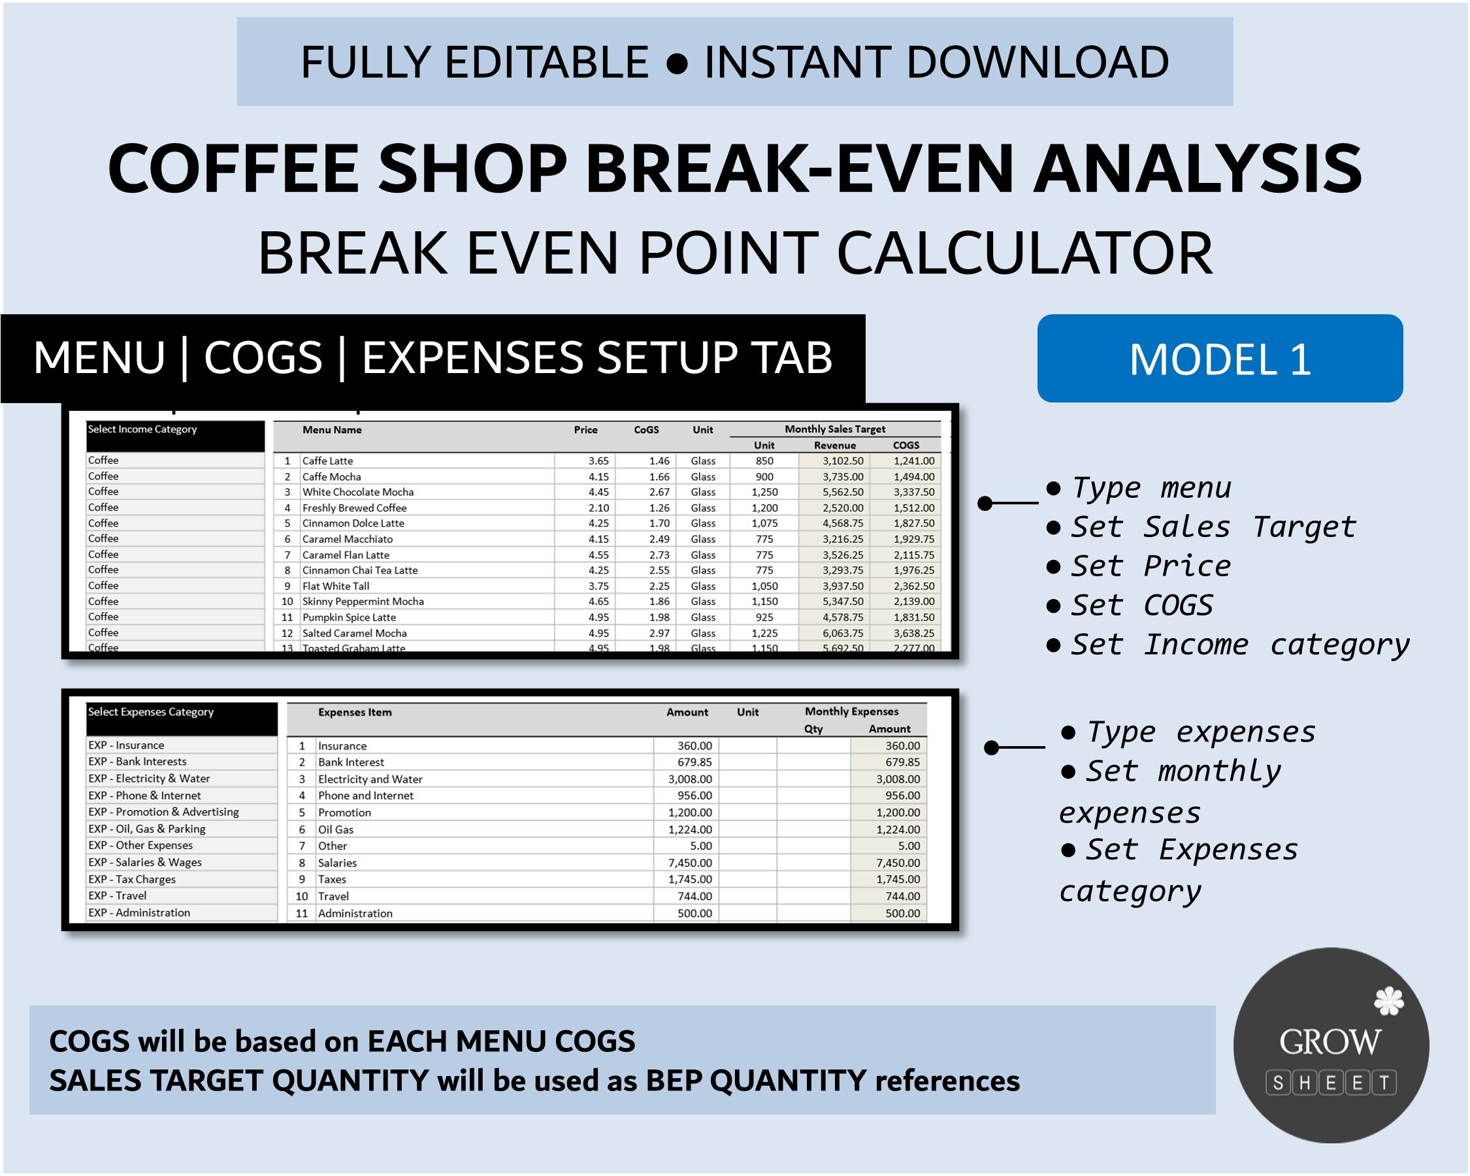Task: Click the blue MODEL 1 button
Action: [x=1220, y=359]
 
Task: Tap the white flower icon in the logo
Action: [x=1388, y=1002]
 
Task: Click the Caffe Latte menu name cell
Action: [x=328, y=461]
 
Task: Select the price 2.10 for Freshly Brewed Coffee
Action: [x=598, y=508]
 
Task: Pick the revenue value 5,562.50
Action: [x=843, y=492]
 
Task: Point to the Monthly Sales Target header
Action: [x=834, y=429]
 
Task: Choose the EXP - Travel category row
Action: [x=117, y=896]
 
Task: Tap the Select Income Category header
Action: [x=142, y=429]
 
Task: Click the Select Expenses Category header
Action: [x=151, y=711]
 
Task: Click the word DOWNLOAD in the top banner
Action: [x=1037, y=62]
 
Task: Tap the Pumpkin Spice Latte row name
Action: [x=349, y=617]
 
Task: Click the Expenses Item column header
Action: [x=355, y=712]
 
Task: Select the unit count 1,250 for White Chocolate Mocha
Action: [x=764, y=492]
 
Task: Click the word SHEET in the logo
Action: [x=1331, y=1083]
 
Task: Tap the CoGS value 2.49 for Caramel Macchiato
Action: [x=659, y=539]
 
